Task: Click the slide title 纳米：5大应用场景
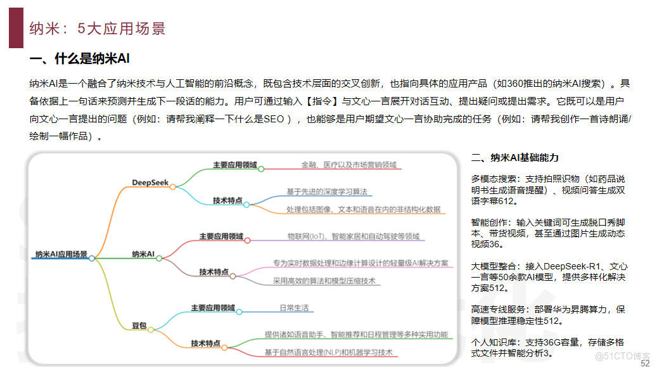click(98, 29)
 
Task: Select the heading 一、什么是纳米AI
click(80, 60)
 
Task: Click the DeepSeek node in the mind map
click(150, 183)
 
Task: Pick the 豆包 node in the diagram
click(139, 326)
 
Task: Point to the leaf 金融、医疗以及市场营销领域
click(348, 165)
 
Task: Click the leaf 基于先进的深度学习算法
click(326, 191)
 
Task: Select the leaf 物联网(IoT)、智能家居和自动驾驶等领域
click(353, 236)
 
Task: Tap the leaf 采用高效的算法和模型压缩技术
click(324, 280)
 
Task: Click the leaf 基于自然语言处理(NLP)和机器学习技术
click(328, 352)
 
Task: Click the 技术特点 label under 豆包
click(206, 344)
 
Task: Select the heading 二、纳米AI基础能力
click(515, 158)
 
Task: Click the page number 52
click(645, 363)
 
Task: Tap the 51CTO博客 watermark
click(624, 356)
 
